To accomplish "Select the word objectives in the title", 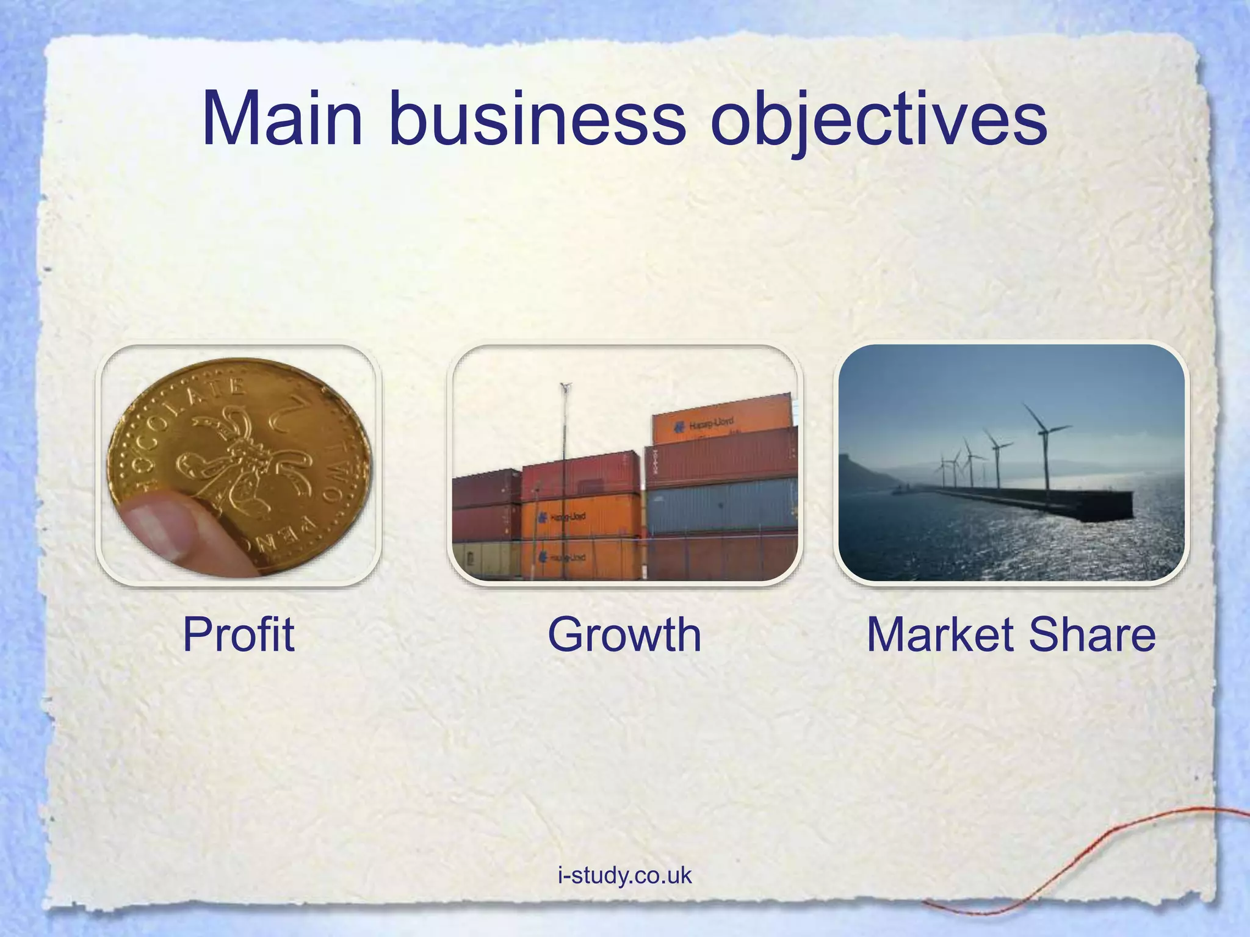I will point(879,120).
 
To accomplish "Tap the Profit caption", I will point(238,634).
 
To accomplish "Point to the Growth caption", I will point(624,634).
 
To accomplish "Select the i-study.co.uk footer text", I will point(624,875).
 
